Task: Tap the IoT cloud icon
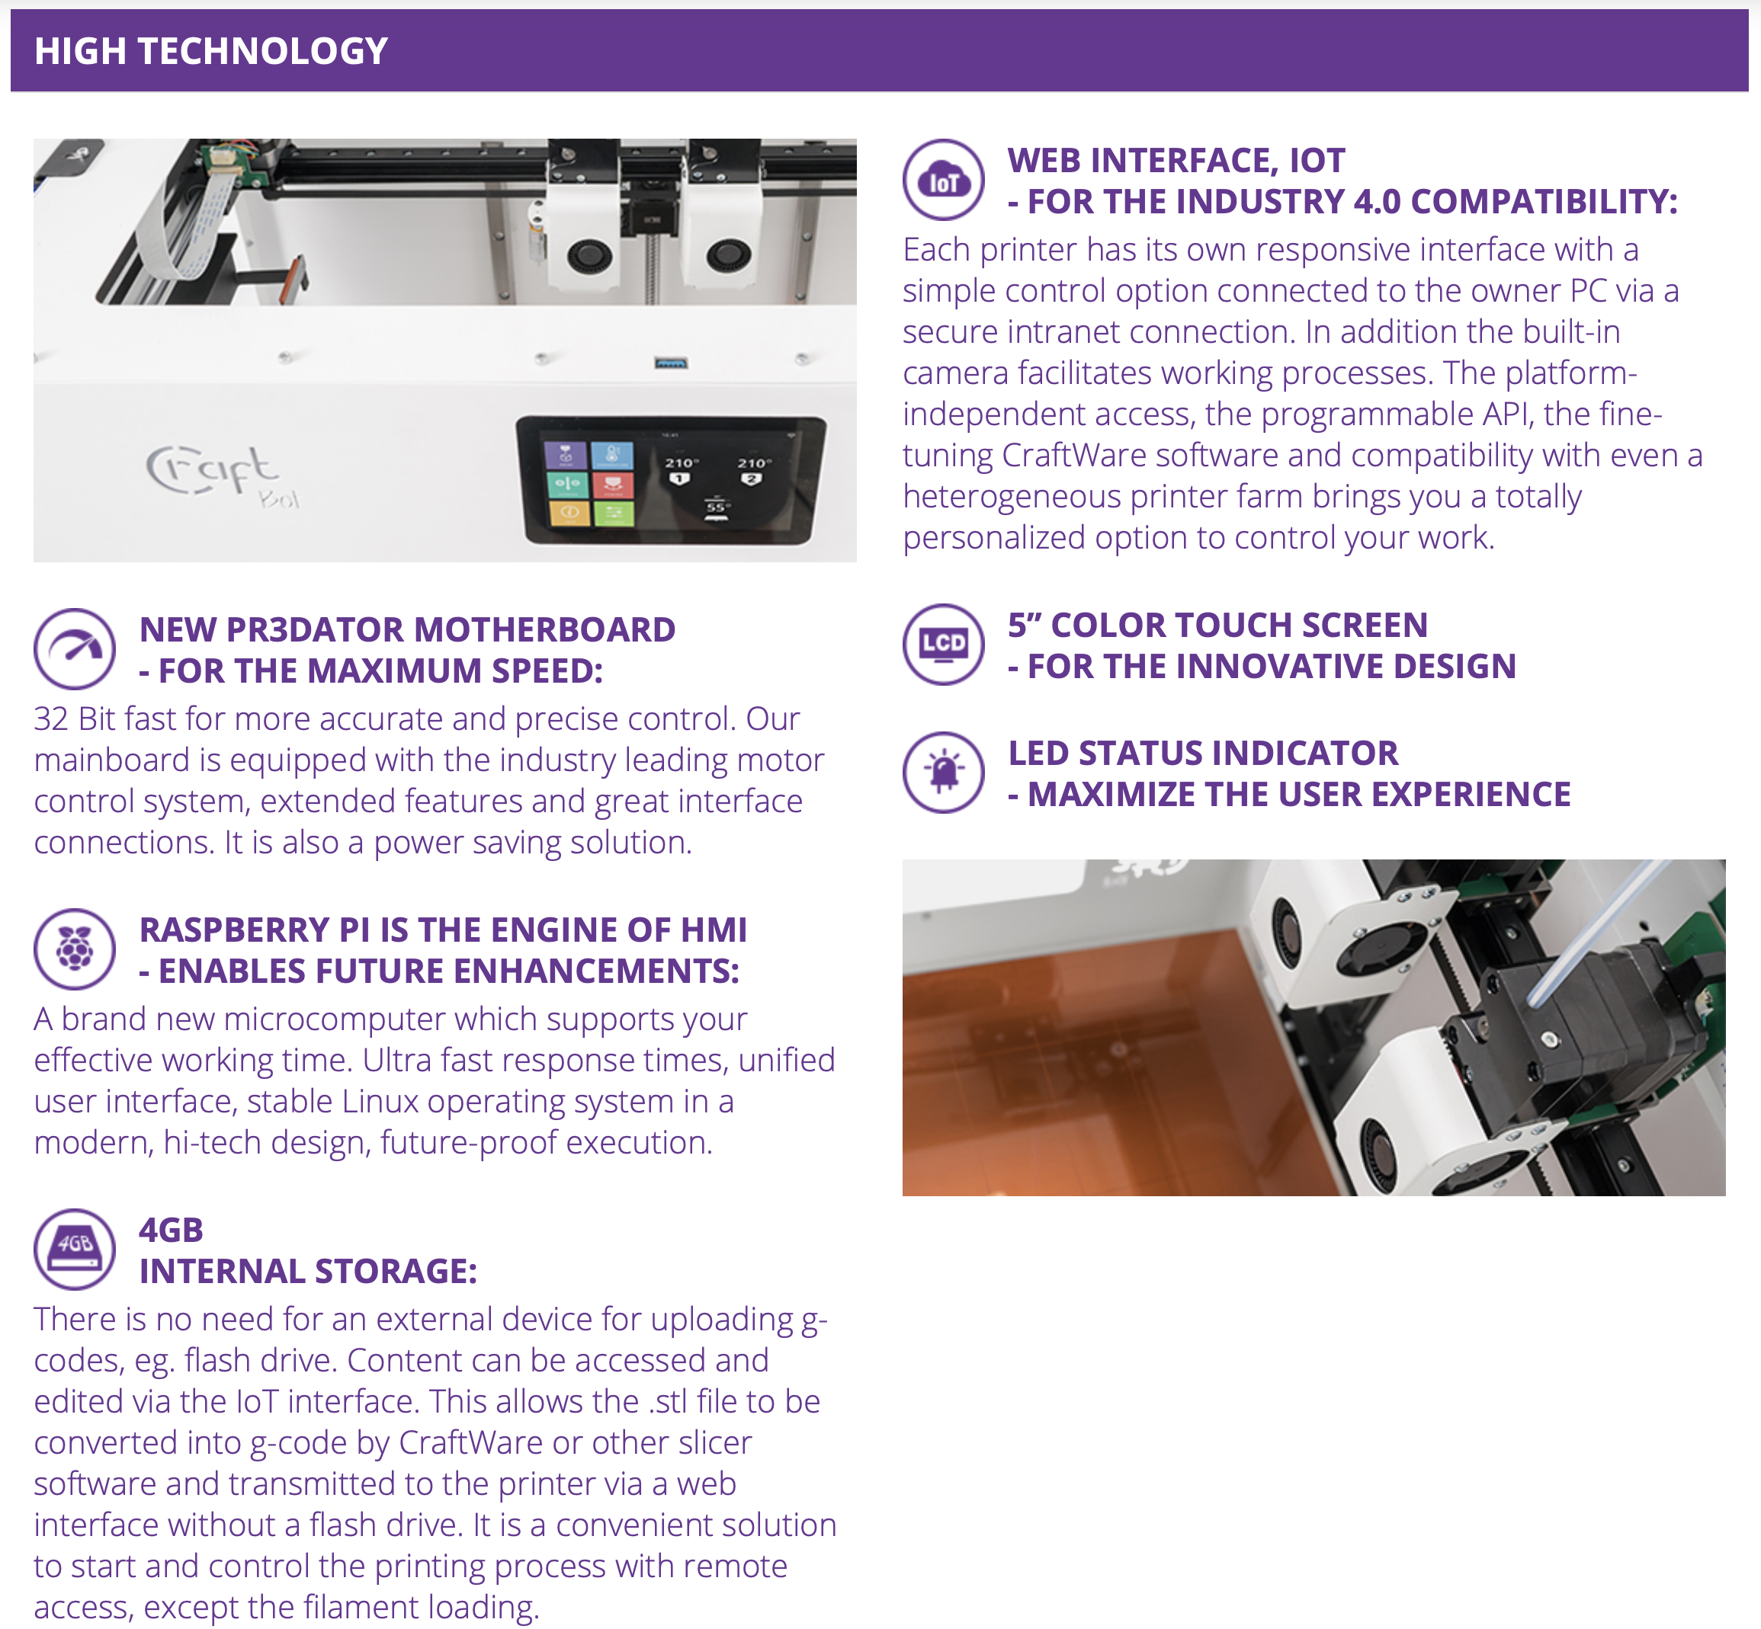(943, 180)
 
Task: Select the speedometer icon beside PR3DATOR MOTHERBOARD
(74, 648)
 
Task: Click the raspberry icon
(74, 949)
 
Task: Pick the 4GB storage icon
(74, 1249)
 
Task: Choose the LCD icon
(943, 645)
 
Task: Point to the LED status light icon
(943, 772)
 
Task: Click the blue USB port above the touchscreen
(671, 362)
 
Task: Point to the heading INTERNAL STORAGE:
(308, 1271)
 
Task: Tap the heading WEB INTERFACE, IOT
(1176, 161)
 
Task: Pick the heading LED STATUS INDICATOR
(1203, 754)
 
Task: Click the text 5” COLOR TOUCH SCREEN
(1217, 625)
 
